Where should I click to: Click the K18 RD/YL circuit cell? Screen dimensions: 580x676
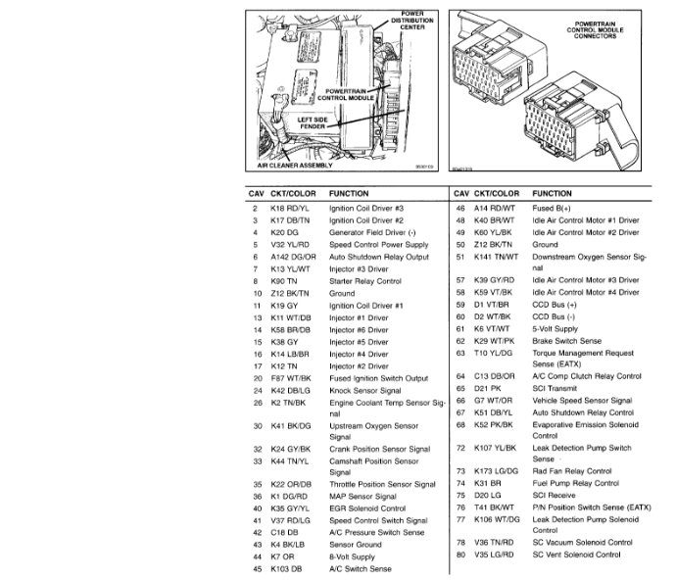[287, 209]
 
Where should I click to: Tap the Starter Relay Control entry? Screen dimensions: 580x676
[365, 281]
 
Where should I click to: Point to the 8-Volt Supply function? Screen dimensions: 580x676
[352, 556]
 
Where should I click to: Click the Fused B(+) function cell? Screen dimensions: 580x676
[551, 209]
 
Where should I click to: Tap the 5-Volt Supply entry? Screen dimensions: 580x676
[555, 329]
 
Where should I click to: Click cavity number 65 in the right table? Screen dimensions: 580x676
[459, 389]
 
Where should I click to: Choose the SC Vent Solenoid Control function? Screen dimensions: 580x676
[576, 555]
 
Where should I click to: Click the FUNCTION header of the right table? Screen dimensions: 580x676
[553, 193]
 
